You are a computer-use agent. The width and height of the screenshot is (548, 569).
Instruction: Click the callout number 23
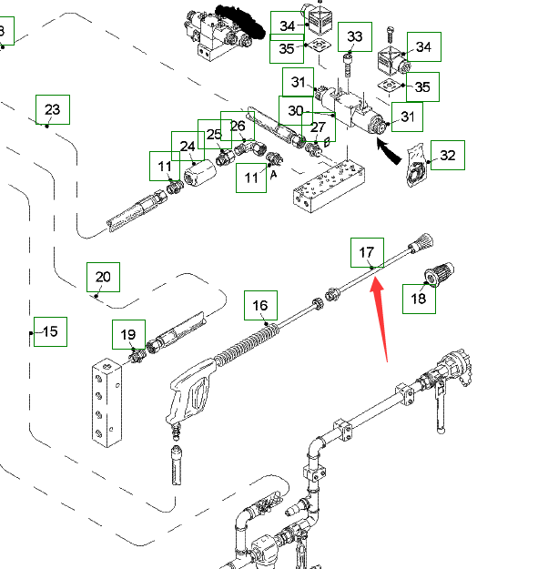52,110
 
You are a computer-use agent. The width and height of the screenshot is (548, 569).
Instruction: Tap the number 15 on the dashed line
50,331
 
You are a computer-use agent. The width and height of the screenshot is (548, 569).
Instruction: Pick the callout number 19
128,336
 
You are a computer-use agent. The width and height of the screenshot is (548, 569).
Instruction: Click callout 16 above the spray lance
260,306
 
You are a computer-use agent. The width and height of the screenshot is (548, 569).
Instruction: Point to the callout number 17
366,252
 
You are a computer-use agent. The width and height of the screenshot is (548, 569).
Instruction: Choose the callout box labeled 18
419,298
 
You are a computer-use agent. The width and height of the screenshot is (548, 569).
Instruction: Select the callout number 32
447,156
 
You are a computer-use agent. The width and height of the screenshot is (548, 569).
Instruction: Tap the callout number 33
355,37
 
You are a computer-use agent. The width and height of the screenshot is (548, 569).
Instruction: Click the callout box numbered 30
295,111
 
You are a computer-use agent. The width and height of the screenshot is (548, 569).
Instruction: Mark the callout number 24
188,146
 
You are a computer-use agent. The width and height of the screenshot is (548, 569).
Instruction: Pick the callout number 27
318,127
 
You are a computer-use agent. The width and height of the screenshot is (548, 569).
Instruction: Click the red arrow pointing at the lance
384,319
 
